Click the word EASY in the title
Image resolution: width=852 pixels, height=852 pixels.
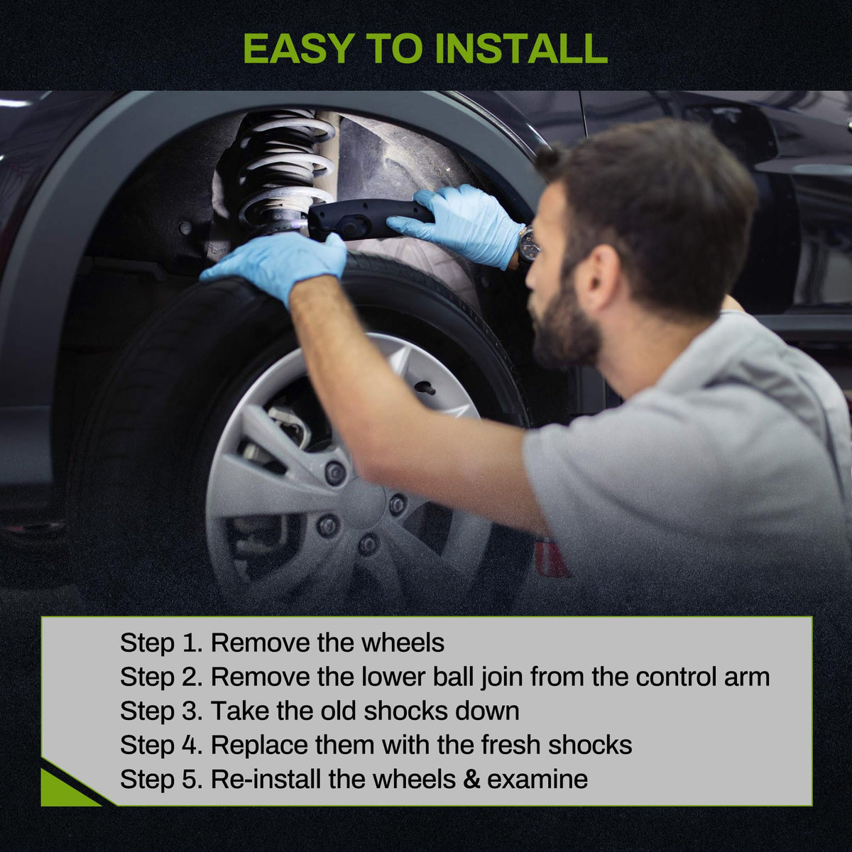pos(298,48)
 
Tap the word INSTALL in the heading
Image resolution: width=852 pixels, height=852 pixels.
pos(521,48)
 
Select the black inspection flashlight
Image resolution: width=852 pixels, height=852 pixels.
pos(369,219)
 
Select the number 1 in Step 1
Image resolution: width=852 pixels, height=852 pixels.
pos(187,642)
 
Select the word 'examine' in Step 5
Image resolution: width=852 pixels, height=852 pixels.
pos(537,779)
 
